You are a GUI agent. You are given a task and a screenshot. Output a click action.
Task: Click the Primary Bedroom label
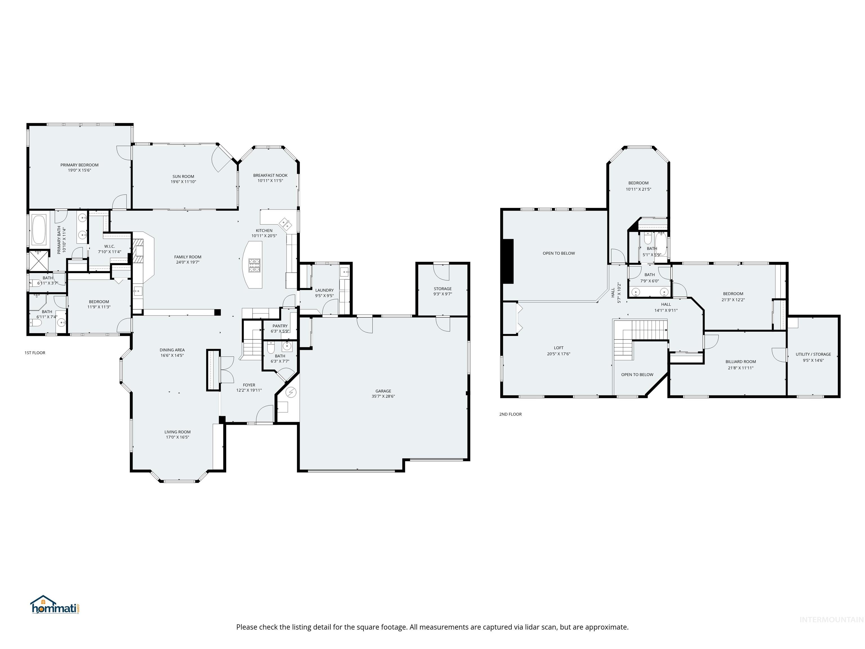(79, 165)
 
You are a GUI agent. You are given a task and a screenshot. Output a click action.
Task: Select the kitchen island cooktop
(255, 265)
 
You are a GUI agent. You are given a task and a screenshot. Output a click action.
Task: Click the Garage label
(383, 391)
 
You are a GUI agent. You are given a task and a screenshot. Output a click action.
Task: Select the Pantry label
(280, 326)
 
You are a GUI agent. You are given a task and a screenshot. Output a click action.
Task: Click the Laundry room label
(324, 290)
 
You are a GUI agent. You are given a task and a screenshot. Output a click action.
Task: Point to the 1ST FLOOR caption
(35, 353)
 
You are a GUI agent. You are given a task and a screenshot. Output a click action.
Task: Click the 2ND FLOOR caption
(510, 414)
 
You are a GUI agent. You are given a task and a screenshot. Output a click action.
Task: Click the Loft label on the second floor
(558, 348)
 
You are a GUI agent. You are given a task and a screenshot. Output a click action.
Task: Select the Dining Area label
(172, 350)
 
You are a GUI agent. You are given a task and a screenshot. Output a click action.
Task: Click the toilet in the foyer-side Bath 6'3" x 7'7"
(271, 348)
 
